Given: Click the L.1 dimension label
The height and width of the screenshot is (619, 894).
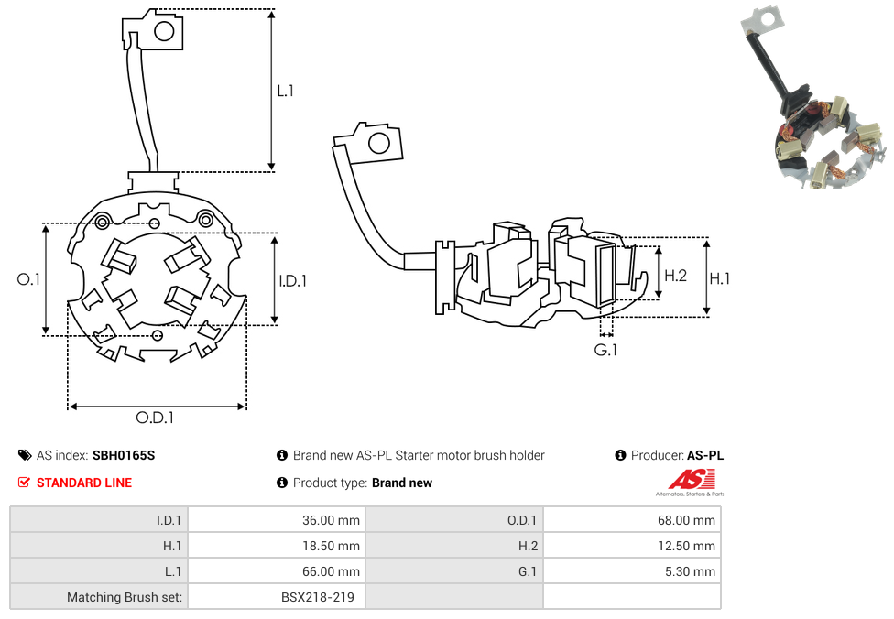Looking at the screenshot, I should click(x=286, y=92).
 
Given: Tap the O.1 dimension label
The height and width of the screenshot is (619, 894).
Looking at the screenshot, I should click(x=29, y=279).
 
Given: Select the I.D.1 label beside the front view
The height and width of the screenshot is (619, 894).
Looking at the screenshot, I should click(x=292, y=281).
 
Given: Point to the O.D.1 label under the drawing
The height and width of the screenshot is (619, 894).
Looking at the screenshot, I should click(x=155, y=418).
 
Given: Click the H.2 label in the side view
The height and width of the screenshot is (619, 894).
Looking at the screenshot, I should click(x=675, y=276).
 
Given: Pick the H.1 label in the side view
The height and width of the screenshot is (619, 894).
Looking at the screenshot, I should click(x=720, y=278).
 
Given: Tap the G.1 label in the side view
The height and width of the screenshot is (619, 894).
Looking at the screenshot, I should click(x=605, y=350).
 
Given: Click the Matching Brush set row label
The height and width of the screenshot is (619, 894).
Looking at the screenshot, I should click(x=125, y=597).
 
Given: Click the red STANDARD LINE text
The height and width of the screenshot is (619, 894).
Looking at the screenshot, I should click(x=83, y=483).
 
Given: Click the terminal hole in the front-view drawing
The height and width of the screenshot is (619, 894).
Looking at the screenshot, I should click(x=164, y=32).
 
